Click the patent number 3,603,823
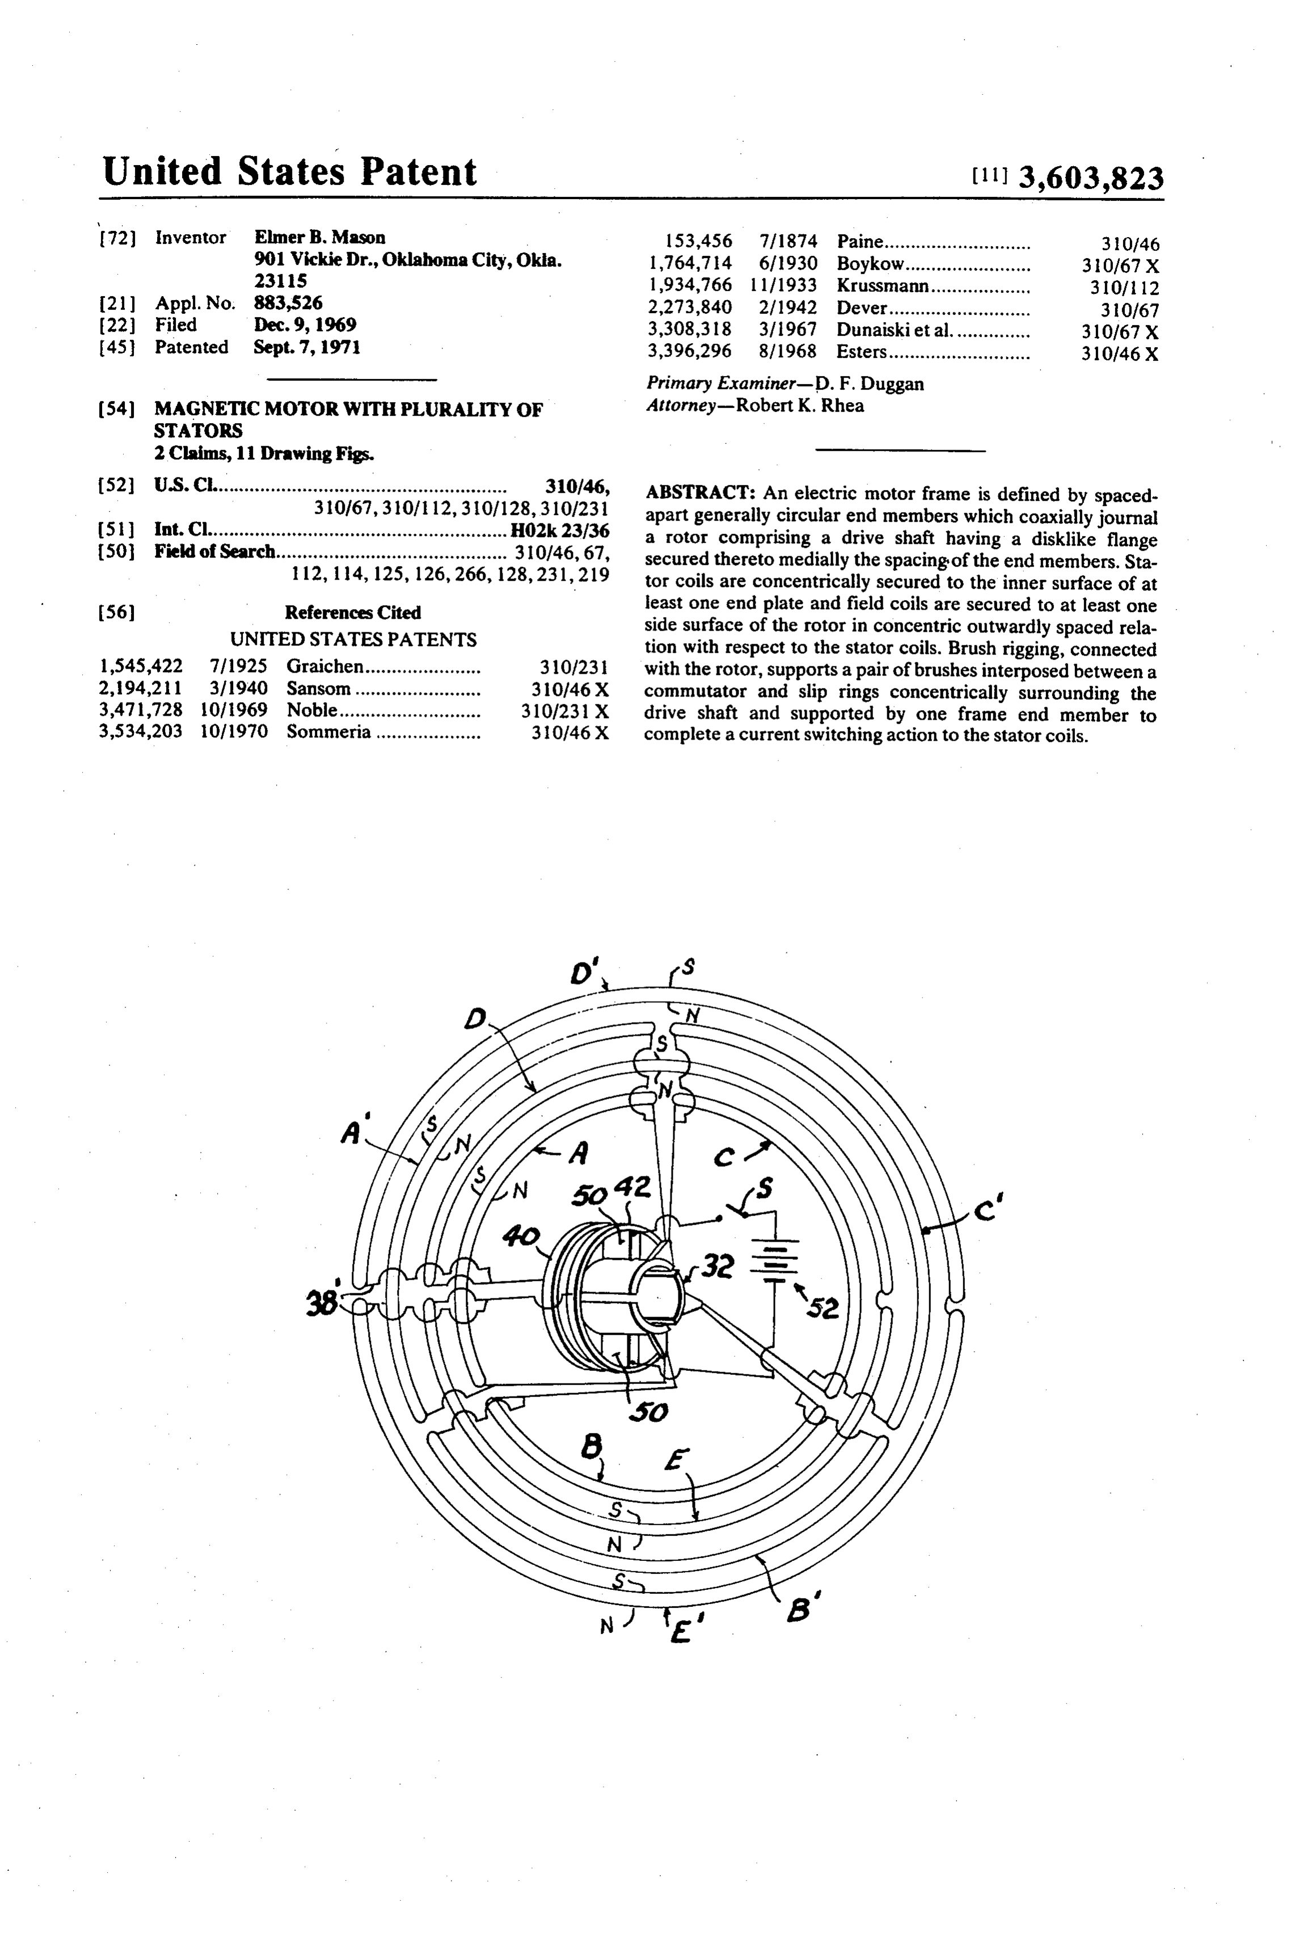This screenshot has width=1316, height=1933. (x=1091, y=178)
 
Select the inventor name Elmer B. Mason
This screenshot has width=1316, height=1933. (x=319, y=237)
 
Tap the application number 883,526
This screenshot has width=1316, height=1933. (x=288, y=303)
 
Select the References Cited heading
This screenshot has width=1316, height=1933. (x=353, y=612)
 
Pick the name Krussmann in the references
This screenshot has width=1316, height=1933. (x=883, y=285)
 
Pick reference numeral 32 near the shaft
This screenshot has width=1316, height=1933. (x=717, y=1267)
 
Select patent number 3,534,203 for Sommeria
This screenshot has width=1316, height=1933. (x=141, y=732)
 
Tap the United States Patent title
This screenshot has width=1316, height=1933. (x=289, y=171)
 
